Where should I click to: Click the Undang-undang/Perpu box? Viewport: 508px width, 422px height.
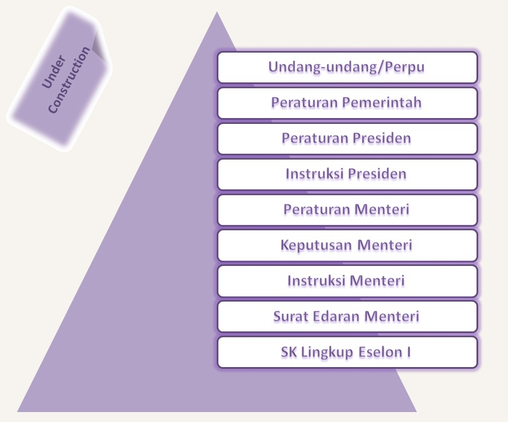[347, 67]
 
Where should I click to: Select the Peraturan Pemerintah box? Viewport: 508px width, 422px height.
[347, 103]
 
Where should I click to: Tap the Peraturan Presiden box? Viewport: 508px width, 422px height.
[347, 139]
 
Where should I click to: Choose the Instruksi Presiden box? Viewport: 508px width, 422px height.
[347, 174]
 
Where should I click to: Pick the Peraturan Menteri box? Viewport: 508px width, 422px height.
[347, 210]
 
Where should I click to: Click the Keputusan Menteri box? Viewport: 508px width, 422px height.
[347, 245]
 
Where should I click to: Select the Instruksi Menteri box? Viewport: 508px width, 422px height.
[347, 281]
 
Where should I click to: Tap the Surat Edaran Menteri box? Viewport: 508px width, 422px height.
[347, 317]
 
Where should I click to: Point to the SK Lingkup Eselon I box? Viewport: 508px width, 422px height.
[347, 352]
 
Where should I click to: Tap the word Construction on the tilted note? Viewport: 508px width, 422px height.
[69, 81]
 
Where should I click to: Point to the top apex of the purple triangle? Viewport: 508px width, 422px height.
[217, 13]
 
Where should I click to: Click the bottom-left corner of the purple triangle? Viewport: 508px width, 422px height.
[19, 411]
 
